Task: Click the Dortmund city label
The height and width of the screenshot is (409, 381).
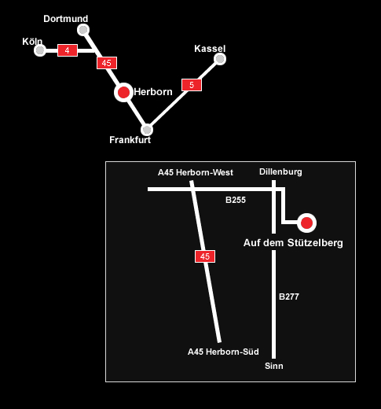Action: pos(66,19)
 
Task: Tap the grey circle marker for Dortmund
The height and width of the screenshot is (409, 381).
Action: pos(83,30)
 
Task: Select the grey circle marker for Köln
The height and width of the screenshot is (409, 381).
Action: pos(40,50)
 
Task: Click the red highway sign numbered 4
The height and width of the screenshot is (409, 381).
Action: pos(68,50)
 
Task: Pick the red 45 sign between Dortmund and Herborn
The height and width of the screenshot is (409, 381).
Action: pos(107,63)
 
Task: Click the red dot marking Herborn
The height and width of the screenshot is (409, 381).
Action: pos(123,92)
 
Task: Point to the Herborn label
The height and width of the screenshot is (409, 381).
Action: pos(153,92)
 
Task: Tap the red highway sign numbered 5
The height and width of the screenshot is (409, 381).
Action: pos(192,85)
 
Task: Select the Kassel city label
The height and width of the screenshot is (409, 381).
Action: pos(210,49)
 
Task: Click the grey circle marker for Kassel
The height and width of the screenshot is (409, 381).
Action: pos(220,59)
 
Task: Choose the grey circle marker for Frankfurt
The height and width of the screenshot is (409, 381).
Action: pos(147,130)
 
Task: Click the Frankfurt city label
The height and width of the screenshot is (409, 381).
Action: pos(130,140)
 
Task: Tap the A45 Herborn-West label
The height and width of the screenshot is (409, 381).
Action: pos(196,172)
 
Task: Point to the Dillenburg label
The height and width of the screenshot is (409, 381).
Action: pos(280,171)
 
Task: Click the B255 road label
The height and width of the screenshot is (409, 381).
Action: pos(236,200)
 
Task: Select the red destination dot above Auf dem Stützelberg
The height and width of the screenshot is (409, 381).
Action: pos(306,223)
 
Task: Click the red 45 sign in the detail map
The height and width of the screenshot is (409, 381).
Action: pos(205,256)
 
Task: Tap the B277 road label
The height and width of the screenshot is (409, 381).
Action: pos(289,297)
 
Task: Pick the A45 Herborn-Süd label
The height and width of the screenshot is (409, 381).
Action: pos(223,352)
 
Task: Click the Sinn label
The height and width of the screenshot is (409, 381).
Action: pos(274,366)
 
